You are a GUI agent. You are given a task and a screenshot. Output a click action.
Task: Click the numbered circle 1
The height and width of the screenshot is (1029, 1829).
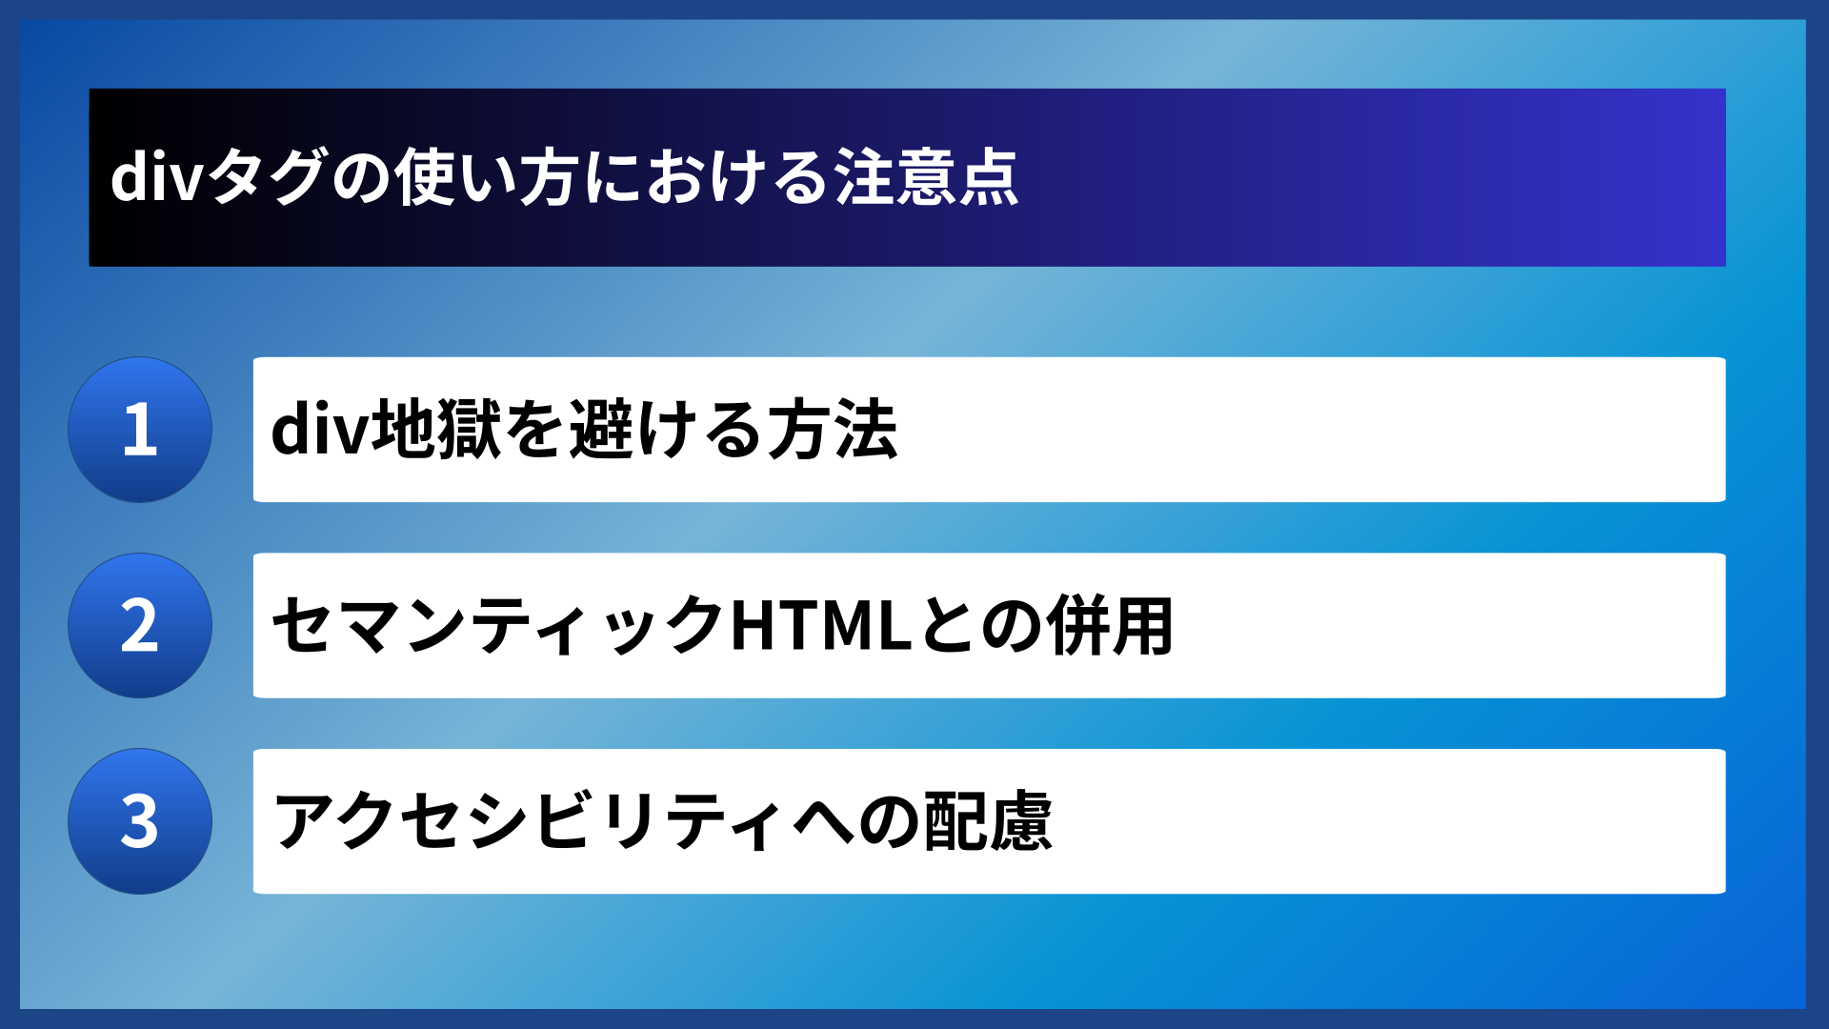click(140, 430)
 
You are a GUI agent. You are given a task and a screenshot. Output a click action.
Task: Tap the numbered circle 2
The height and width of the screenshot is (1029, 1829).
click(140, 626)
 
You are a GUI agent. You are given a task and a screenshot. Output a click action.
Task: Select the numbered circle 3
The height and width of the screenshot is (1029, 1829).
click(140, 821)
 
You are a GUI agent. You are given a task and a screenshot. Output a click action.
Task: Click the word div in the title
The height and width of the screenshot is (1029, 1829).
click(156, 178)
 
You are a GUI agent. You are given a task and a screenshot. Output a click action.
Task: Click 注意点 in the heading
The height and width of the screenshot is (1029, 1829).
click(927, 178)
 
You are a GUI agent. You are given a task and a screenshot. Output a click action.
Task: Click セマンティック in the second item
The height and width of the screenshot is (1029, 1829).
click(499, 626)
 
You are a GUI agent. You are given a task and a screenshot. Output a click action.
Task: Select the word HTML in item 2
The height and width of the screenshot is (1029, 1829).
click(821, 626)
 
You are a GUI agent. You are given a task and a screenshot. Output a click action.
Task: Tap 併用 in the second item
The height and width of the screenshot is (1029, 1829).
click(1110, 626)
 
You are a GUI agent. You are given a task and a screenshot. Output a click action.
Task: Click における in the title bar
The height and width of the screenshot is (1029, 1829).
click(707, 178)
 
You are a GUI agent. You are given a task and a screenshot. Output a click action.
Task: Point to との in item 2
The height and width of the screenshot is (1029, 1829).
click(979, 626)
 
